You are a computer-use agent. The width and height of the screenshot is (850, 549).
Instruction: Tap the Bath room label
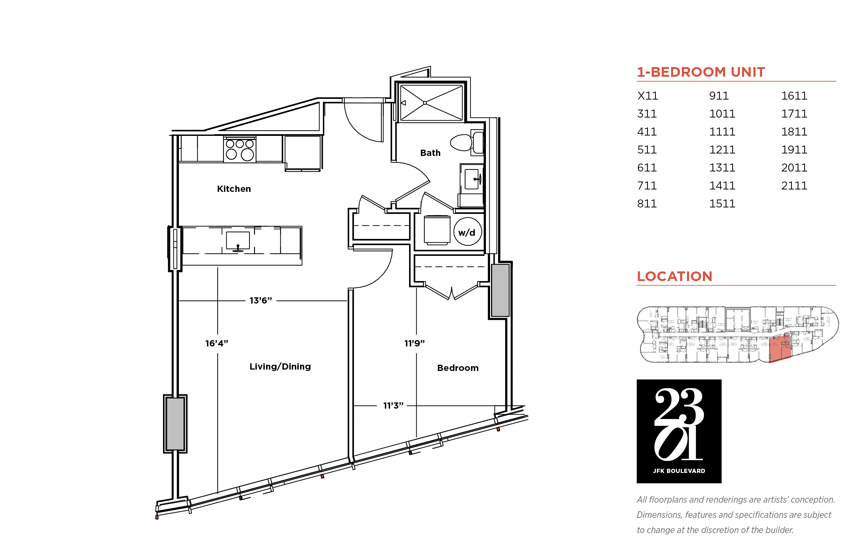pos(430,153)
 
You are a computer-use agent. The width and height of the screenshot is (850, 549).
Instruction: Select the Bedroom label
pos(458,368)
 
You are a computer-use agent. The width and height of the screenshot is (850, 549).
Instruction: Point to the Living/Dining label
pos(280,366)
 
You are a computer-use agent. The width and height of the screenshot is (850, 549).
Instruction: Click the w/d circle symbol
pos(467,232)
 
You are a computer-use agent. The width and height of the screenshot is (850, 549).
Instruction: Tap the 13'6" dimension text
pos(261,300)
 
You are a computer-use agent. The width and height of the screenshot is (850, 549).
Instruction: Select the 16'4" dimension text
pos(217,343)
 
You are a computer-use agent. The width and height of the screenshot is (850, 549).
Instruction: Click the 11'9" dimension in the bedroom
pos(414,343)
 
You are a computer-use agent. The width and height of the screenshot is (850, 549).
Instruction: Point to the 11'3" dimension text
pos(393,406)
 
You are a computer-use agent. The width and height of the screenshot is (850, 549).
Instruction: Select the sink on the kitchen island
pos(238,241)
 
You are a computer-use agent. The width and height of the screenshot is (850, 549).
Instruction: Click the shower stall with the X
pos(432,103)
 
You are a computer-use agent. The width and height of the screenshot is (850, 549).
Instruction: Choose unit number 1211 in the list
pos(722,150)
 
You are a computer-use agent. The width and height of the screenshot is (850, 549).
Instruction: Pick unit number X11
pos(647,96)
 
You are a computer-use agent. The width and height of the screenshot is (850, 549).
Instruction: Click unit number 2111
pos(794,186)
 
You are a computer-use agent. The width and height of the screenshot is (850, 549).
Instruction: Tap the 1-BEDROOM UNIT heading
pos(701,72)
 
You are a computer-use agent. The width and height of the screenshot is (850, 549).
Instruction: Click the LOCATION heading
pos(675,276)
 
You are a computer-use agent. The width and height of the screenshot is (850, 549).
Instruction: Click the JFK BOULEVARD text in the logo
pos(679,471)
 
